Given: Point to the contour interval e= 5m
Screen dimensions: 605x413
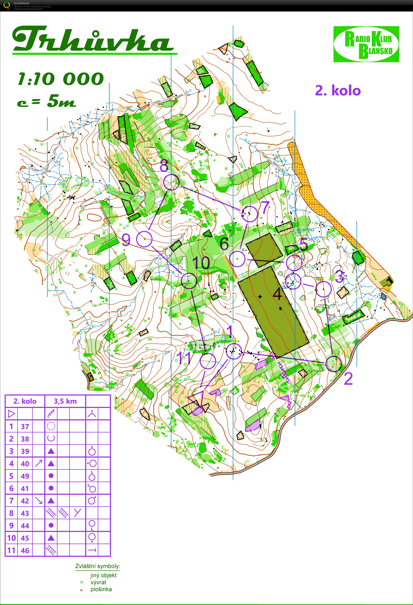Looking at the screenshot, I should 47,101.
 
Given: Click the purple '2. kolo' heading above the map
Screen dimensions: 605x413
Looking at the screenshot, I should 338,91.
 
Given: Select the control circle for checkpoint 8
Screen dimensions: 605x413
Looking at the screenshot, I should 171,182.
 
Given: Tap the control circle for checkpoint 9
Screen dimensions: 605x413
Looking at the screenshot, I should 144,239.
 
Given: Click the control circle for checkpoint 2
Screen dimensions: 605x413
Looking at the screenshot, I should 334,364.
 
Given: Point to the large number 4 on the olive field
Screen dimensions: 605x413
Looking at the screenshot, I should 277,294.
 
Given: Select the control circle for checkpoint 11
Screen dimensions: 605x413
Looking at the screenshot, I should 208,361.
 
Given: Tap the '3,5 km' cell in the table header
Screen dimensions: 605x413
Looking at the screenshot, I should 65,401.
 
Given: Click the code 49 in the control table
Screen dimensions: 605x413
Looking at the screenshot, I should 25,476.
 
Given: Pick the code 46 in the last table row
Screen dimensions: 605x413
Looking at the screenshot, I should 25,551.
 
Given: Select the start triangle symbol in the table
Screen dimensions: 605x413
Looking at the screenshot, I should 11,414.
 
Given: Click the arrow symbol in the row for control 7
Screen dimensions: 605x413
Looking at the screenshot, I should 39,501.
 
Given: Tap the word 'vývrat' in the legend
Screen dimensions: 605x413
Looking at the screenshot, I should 98,582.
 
